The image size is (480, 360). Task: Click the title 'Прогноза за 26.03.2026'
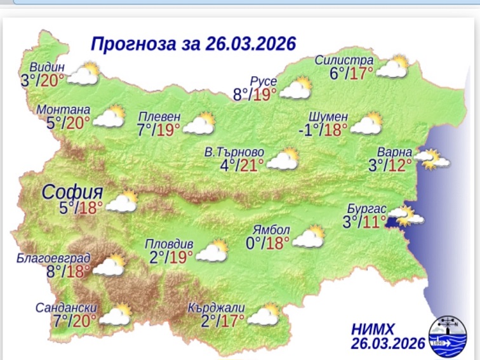point(194,44)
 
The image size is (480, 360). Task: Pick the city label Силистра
point(344,60)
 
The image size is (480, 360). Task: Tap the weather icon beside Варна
point(434,159)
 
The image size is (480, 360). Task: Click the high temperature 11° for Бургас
point(374,222)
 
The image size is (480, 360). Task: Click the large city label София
point(72,192)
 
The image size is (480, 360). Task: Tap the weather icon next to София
point(123,201)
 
